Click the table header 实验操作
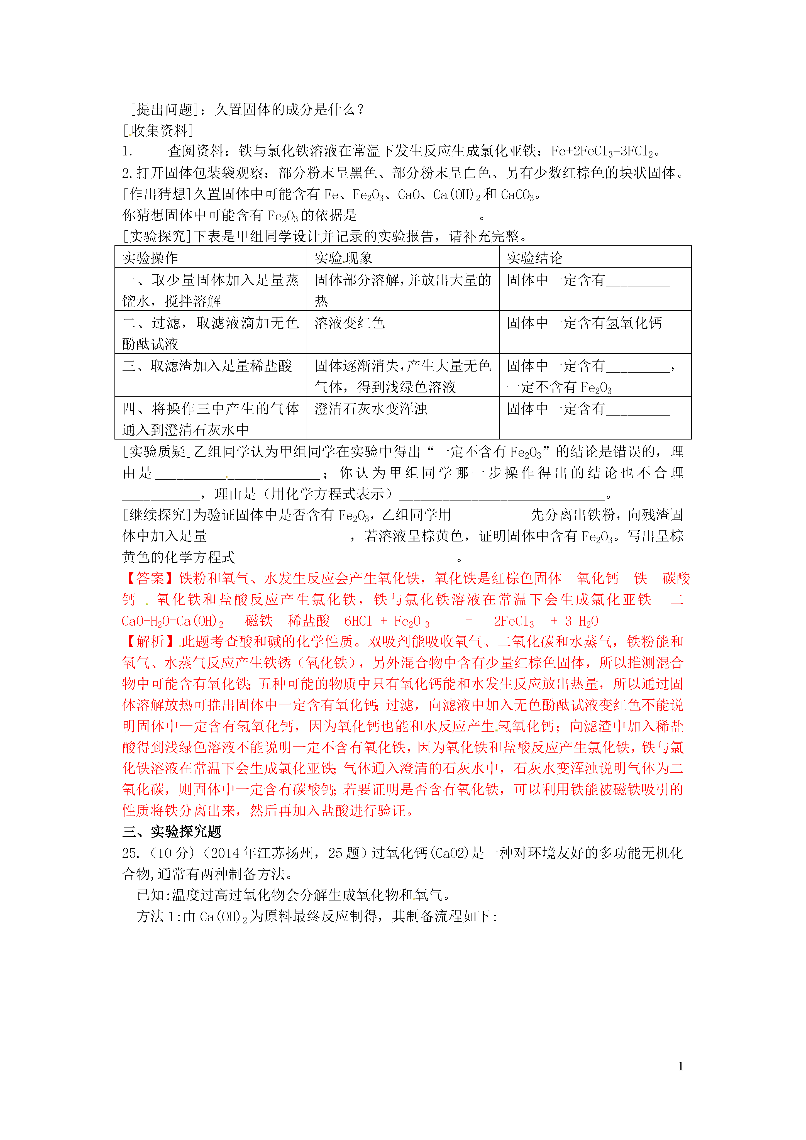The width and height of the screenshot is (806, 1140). [x=150, y=258]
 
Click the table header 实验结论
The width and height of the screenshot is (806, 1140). [x=534, y=258]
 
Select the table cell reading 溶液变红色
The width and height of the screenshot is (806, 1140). [x=350, y=323]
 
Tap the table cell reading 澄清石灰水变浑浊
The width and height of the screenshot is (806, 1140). [x=370, y=409]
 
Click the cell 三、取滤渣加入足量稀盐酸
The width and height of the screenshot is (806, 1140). [x=207, y=366]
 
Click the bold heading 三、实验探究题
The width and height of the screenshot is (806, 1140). [x=172, y=832]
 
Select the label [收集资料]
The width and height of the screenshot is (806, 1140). [x=158, y=131]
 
